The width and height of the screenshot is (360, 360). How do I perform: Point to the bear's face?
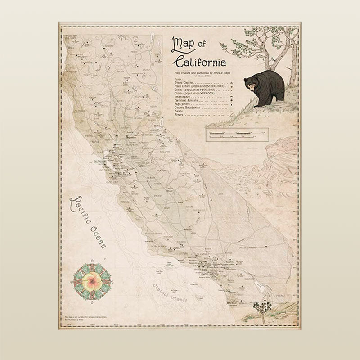click(250, 84)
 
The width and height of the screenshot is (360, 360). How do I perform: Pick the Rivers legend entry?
click(174, 116)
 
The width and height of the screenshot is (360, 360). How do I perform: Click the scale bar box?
click(237, 134)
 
